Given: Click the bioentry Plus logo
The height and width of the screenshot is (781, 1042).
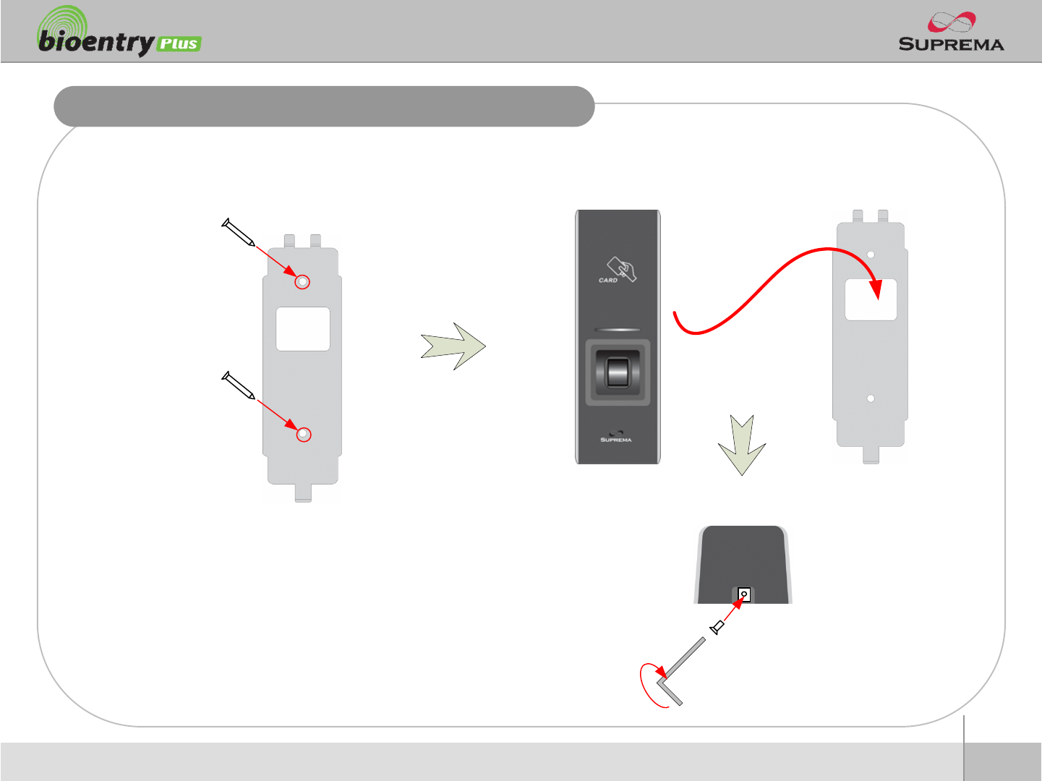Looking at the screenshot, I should pos(119,34).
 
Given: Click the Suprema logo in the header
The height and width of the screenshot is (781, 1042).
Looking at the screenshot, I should pos(951,33).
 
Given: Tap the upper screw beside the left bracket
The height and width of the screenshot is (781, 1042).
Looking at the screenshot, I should pos(238,232).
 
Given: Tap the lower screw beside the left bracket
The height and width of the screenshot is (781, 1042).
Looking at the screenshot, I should pos(238,385).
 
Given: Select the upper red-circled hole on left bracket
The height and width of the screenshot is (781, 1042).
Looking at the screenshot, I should pos(303,282).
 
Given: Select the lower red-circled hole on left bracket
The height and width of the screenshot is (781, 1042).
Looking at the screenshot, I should pos(304,435).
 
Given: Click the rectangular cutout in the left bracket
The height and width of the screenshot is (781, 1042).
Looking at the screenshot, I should pos(303,329).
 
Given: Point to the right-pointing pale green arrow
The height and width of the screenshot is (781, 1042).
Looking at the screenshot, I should pos(453,346).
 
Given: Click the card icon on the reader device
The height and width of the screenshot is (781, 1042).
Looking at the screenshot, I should pos(620,270).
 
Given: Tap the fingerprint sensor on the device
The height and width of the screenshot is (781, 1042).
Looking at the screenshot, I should pos(617,372).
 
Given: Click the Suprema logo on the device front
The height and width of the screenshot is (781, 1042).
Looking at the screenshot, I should pos(616,437).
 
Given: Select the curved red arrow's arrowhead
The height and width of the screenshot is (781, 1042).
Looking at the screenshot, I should pos(875,289).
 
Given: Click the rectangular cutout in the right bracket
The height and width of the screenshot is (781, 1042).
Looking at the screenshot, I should pos(871,300).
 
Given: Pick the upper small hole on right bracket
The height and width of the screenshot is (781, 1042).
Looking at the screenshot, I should pos(871,255).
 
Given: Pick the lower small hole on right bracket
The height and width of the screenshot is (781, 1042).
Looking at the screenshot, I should pos(871,398).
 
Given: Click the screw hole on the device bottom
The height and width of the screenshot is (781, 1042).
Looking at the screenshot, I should pos(743,595).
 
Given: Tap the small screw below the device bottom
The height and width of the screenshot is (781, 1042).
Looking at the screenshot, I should pos(717,627).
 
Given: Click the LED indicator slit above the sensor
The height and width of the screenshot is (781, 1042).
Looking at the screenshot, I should pos(617,330).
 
